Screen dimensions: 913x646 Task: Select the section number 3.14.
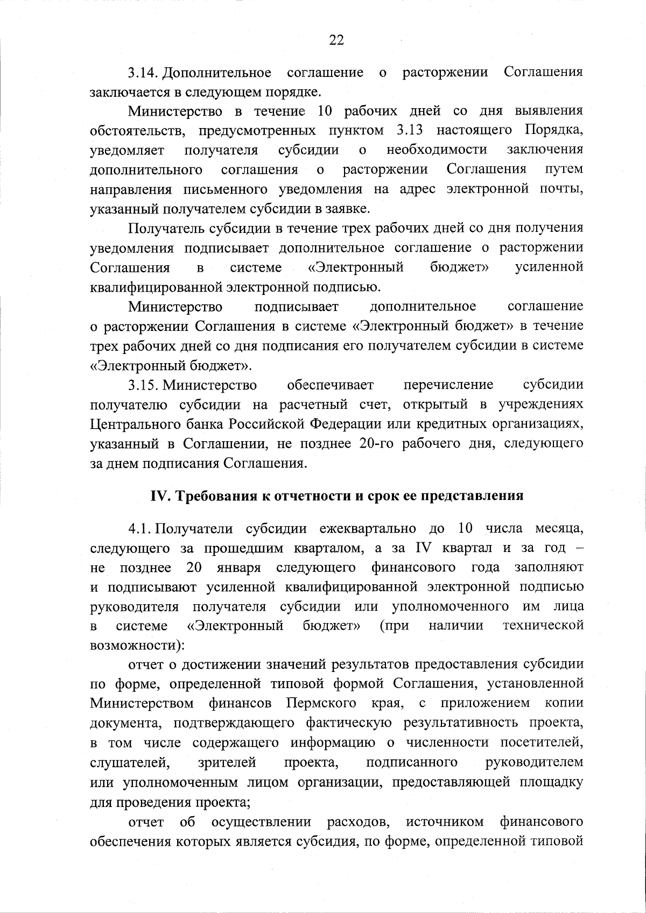[x=143, y=72]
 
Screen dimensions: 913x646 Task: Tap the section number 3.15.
[x=143, y=385]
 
